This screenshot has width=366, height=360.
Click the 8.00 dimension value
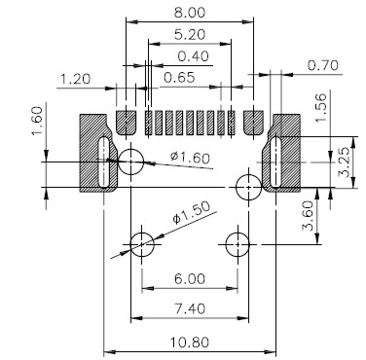(190, 13)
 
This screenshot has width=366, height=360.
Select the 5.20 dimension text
(190, 34)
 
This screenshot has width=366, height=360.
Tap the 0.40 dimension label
(193, 56)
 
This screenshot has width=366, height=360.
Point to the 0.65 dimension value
(179, 78)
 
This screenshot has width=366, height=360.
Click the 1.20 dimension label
(76, 79)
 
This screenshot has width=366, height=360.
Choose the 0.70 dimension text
(323, 65)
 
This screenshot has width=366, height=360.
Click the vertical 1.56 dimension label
(321, 108)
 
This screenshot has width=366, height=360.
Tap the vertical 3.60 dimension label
(308, 216)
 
